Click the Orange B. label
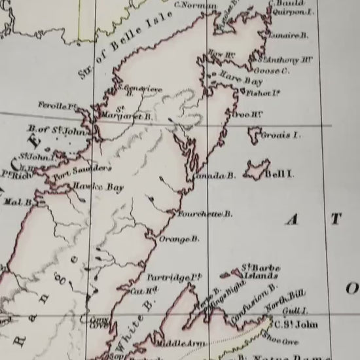[179, 240]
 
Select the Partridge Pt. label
[172, 278]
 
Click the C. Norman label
[196, 6]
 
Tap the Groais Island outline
[253, 135]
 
